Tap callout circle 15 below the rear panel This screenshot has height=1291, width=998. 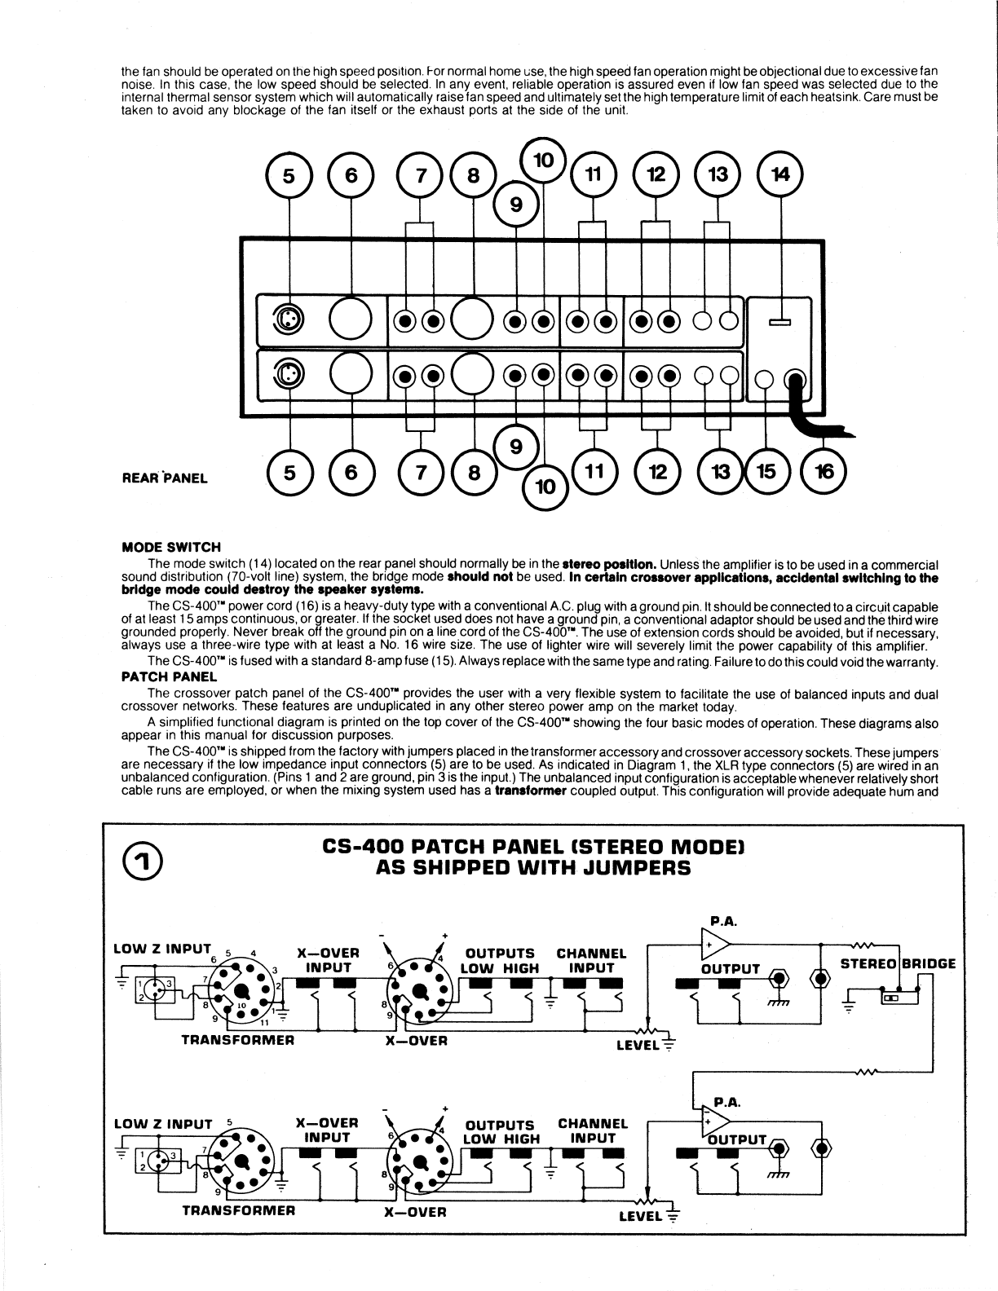(765, 472)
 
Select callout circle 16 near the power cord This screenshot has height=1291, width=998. (823, 472)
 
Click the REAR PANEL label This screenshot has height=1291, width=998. (165, 478)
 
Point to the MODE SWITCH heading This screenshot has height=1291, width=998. (171, 547)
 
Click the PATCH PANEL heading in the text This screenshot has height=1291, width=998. (169, 676)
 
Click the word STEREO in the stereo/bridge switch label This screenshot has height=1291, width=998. (868, 963)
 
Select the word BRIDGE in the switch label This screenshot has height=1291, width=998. (928, 963)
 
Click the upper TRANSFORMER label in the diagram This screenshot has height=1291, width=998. (237, 1040)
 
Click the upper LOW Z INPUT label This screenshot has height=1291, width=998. (162, 949)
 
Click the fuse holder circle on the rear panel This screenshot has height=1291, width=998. (765, 379)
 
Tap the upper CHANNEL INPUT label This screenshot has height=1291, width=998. (591, 960)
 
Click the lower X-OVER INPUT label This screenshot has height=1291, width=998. (327, 1130)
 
